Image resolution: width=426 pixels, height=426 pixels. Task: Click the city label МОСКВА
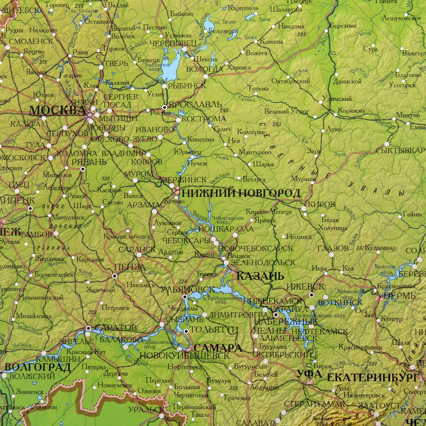57,110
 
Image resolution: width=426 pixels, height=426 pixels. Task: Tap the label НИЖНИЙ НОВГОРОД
241,193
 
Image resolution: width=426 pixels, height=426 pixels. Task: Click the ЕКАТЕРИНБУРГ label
371,377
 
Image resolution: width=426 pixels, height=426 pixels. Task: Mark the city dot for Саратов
89,328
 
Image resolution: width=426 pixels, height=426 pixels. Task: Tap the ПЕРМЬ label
399,296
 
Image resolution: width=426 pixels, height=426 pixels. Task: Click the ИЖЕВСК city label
305,287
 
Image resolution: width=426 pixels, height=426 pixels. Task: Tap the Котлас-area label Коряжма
351,110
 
